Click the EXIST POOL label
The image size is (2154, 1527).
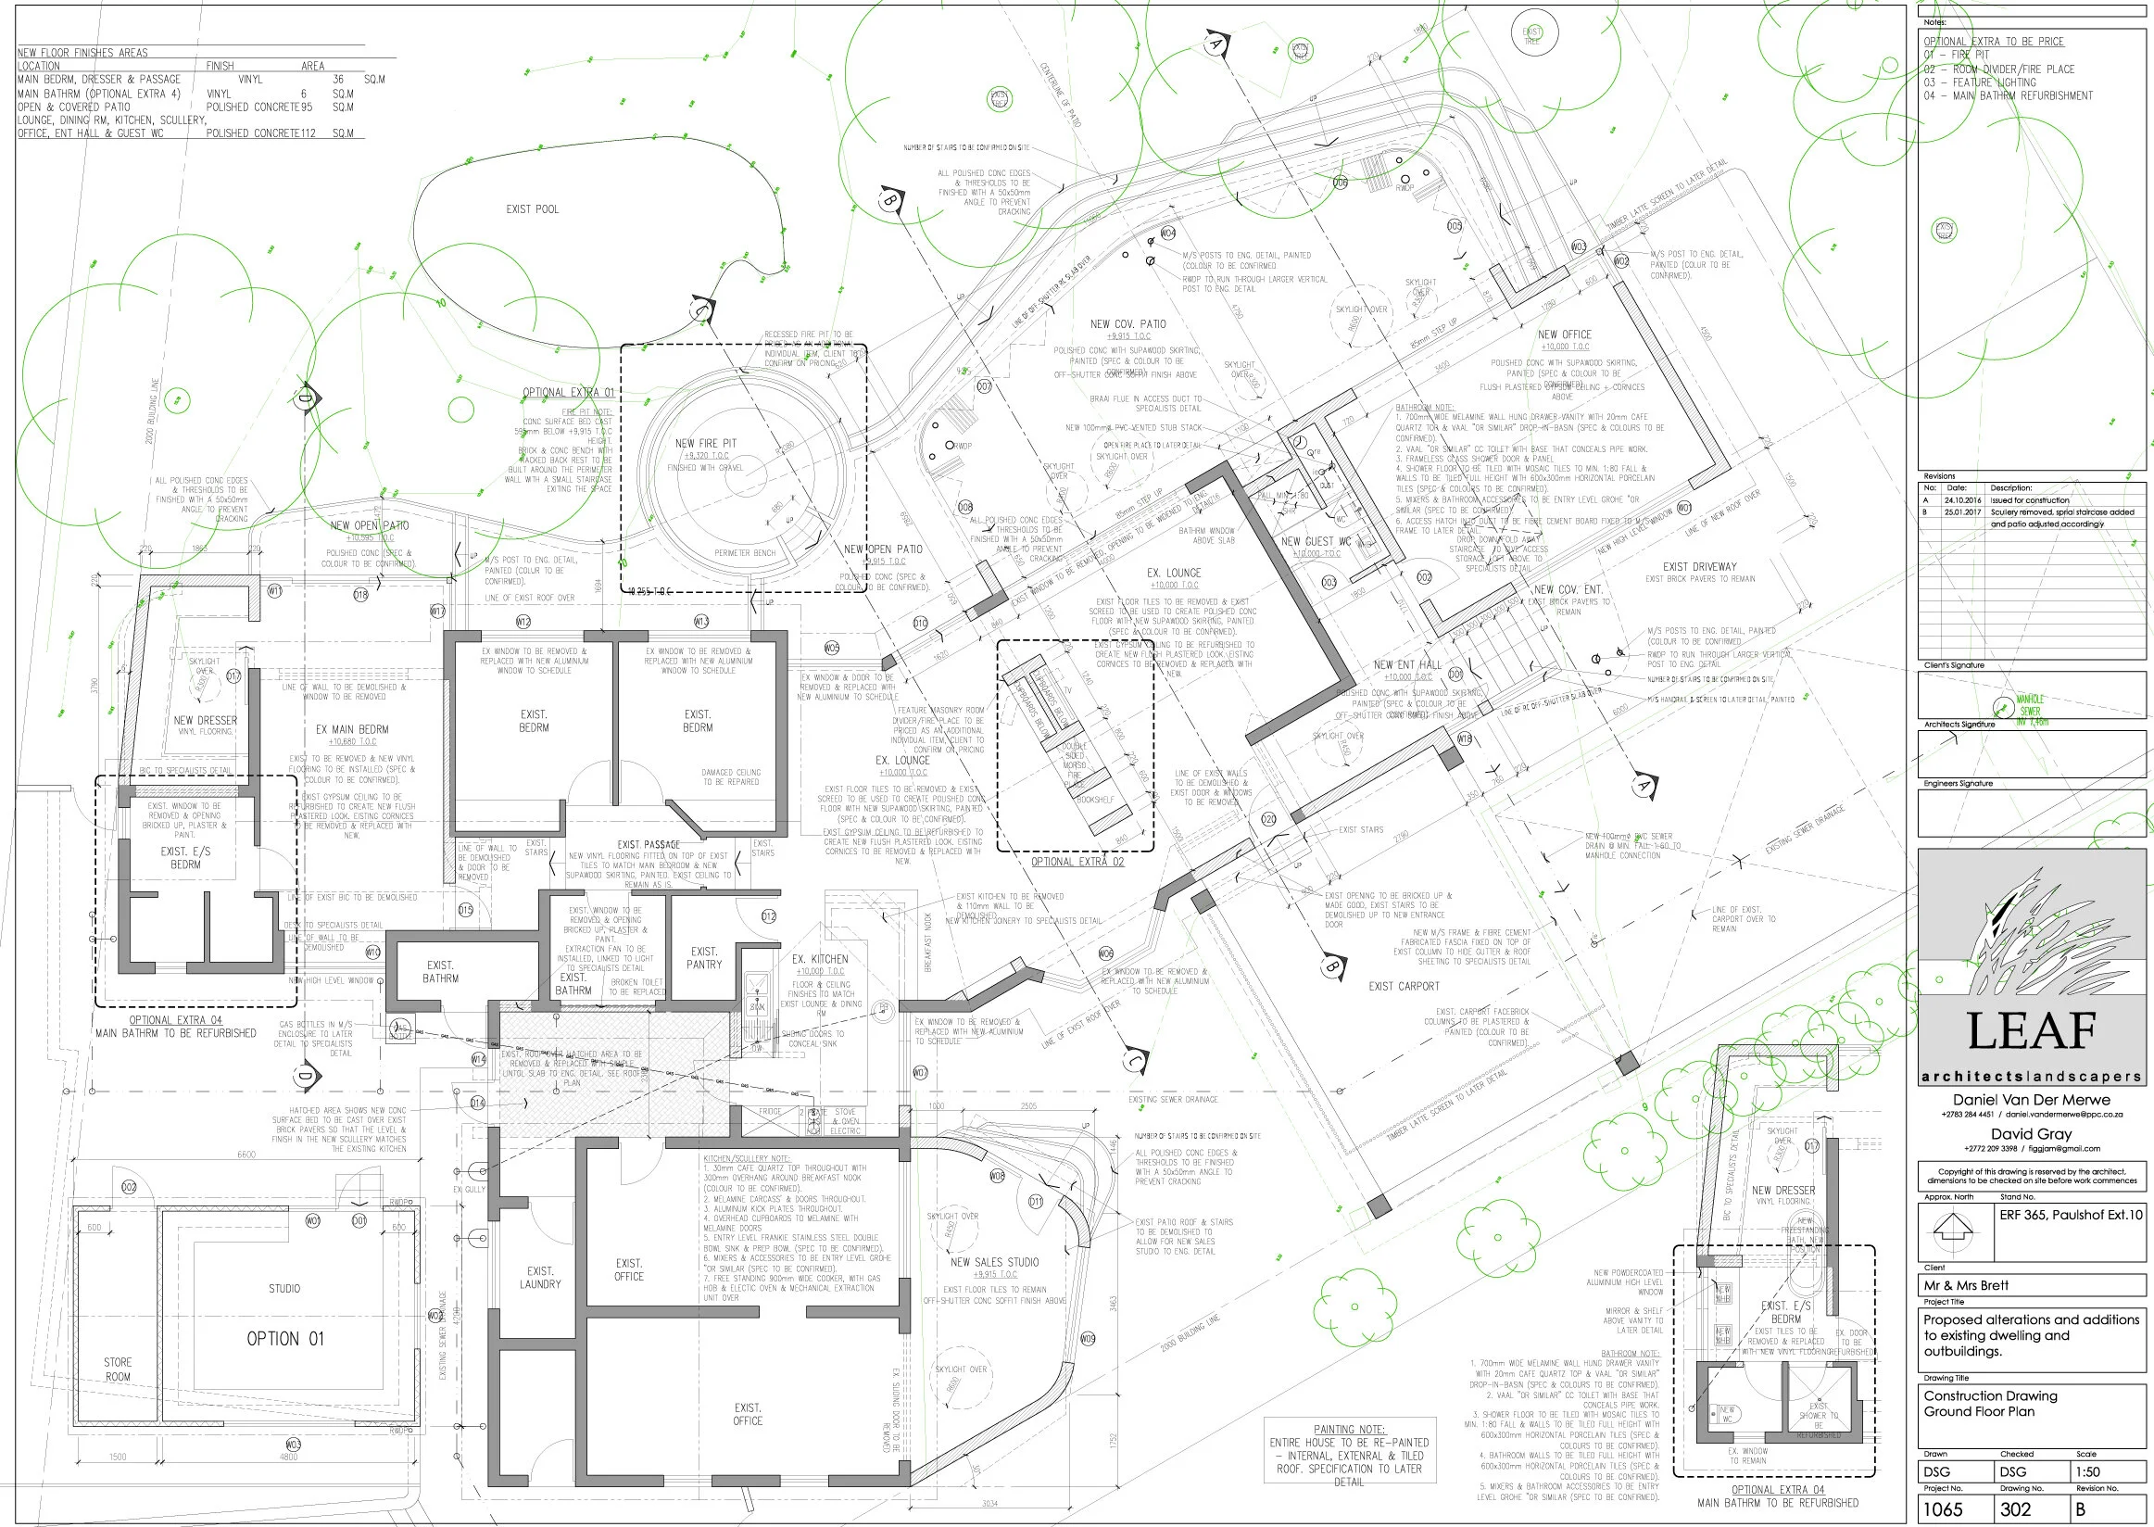click(x=532, y=208)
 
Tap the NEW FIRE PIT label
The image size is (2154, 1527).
click(x=705, y=443)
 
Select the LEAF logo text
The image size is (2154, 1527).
click(x=2032, y=1031)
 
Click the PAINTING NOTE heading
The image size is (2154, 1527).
click(x=1348, y=1429)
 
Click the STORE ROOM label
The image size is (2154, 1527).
click(x=118, y=1369)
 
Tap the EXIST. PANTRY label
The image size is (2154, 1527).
click(x=704, y=958)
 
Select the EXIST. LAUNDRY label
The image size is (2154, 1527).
click(x=540, y=1277)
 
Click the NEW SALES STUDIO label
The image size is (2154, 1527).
click(x=994, y=1262)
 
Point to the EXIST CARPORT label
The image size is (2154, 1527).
click(x=1403, y=987)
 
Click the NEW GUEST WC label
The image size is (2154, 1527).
click(x=1316, y=542)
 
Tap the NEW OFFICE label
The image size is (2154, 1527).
click(x=1565, y=334)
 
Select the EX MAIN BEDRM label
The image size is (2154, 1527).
click(x=352, y=728)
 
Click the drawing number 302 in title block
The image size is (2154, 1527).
click(x=2015, y=1509)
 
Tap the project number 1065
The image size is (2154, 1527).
click(x=1943, y=1509)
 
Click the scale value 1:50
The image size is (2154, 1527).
click(x=2087, y=1471)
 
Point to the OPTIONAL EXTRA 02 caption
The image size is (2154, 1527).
click(x=1077, y=862)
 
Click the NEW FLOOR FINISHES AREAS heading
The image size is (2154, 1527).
click(x=82, y=53)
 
